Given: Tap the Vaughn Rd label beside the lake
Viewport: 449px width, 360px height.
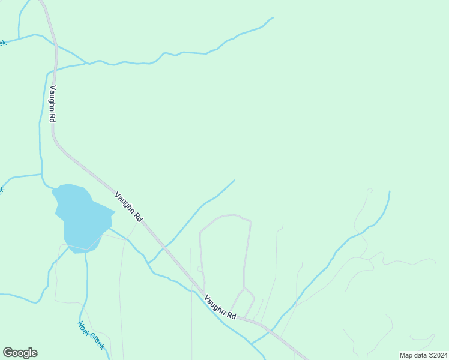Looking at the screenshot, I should [128, 206].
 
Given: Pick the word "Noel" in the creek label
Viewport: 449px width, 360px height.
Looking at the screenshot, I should [83, 328].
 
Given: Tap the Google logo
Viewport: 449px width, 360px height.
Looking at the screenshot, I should [20, 353].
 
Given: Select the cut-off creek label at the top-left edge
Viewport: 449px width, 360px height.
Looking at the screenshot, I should [2, 43].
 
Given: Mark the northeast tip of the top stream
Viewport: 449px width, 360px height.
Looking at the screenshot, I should [273, 18].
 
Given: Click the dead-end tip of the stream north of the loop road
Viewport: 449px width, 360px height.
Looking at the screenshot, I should [234, 180].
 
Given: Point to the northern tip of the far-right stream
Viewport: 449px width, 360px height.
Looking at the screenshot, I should [390, 192].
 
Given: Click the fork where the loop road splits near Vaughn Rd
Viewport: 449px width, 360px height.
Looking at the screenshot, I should [244, 290].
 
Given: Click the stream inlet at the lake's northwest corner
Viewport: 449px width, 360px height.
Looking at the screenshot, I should [53, 188].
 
